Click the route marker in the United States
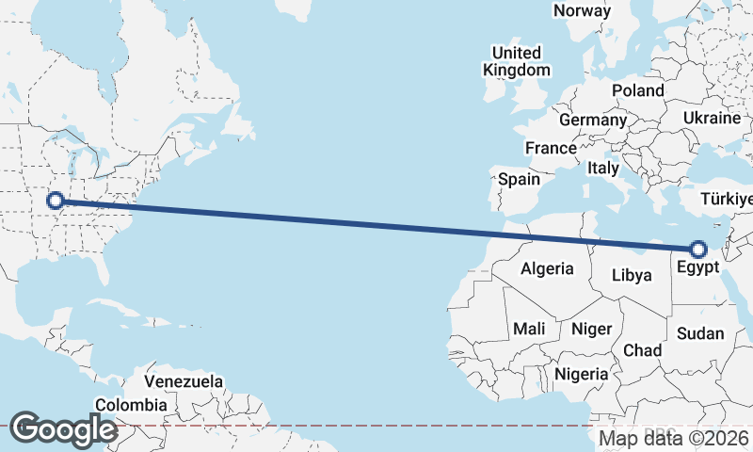coord(55,200)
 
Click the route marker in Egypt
coord(698,250)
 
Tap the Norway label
coord(582,10)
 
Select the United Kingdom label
coord(517,61)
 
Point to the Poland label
coord(637,90)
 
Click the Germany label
coord(592,121)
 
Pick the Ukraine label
coord(712,118)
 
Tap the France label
coord(551,148)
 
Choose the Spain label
coord(519,179)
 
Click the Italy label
coord(602,168)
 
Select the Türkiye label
coord(728,199)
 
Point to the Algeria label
coord(547,268)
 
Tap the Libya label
coord(632,275)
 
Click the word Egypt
coord(697,267)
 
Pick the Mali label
coord(529,329)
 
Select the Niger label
coord(591,329)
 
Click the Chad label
coord(643,350)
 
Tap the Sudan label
coord(700,333)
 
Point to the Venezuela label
coord(184,382)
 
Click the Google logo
coord(62,428)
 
